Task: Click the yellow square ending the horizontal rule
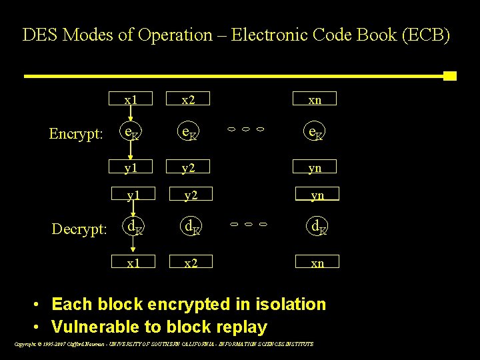[450, 75]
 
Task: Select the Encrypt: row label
[77, 134]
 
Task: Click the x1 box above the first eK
[131, 99]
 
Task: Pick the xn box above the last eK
[315, 99]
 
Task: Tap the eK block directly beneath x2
[189, 133]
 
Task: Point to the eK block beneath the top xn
[315, 133]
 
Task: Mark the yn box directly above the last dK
[317, 194]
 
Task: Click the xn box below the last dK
[317, 263]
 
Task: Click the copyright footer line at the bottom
[163, 344]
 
